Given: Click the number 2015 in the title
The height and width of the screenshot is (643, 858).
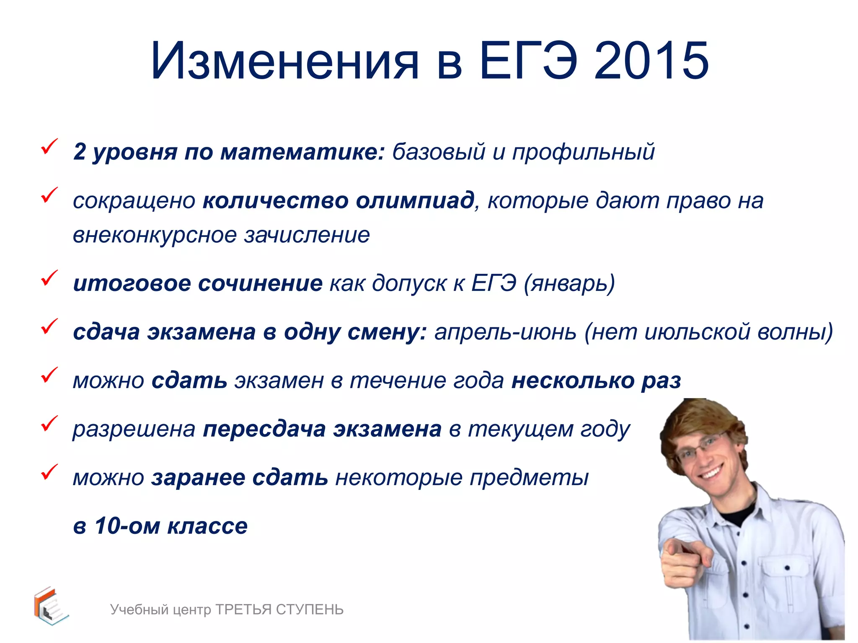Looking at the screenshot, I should point(651,61).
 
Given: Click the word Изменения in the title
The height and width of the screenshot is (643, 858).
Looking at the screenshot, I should point(285,61).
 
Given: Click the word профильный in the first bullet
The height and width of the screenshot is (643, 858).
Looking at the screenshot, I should point(583,152).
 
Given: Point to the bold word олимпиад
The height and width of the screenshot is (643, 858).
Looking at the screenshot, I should point(415,200).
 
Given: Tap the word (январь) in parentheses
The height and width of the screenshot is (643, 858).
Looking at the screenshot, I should point(569,283).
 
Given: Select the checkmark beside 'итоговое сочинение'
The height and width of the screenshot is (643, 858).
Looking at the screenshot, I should point(49,278).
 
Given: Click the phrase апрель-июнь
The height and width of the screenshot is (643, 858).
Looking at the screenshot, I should point(505,332).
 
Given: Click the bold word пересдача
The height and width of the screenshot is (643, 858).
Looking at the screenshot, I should point(264,429).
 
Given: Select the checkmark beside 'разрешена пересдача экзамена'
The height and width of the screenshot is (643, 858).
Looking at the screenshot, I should point(49,424).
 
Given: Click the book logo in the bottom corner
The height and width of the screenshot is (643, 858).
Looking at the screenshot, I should point(50,606).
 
